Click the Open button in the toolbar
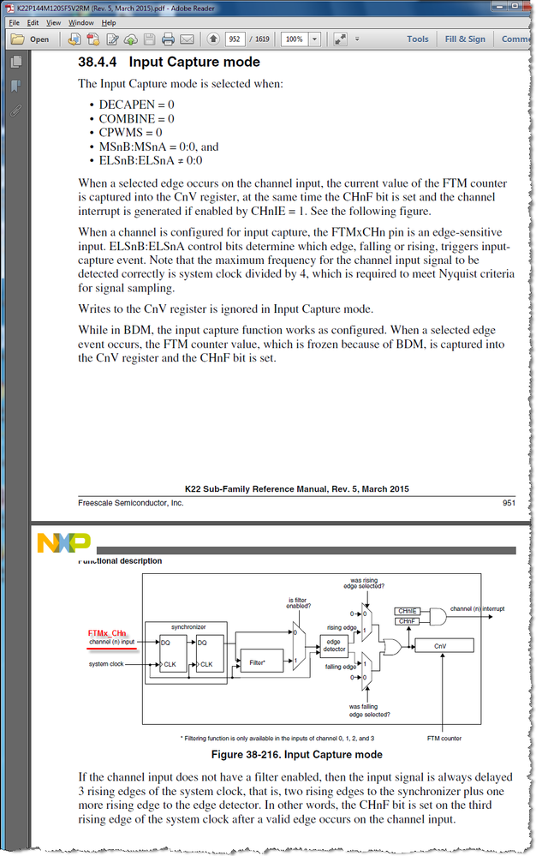[x=31, y=39]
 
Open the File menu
[x=14, y=22]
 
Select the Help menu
[x=109, y=22]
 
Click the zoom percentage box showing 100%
[x=294, y=39]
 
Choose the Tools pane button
[x=418, y=39]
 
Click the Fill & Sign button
[x=465, y=39]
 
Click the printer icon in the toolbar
[x=168, y=39]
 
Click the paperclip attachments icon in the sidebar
[x=15, y=111]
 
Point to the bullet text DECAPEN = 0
[x=137, y=105]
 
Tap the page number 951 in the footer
[x=509, y=503]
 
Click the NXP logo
[x=63, y=542]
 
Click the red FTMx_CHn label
[x=107, y=633]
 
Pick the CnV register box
[x=439, y=645]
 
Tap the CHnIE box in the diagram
[x=407, y=611]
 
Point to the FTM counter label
[x=445, y=737]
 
